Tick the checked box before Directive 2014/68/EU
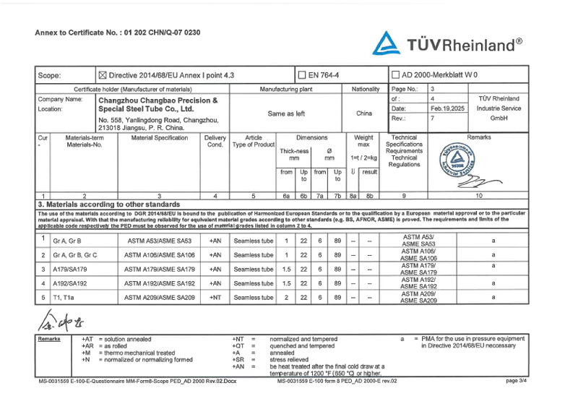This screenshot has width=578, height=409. (x=102, y=74)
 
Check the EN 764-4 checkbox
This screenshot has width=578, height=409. (x=302, y=74)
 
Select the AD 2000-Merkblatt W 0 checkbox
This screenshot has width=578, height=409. (x=395, y=74)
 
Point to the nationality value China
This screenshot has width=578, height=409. (x=364, y=113)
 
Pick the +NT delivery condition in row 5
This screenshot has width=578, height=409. (x=215, y=297)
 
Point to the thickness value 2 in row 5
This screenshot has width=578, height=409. (x=286, y=297)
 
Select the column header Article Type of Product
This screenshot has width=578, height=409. (x=253, y=141)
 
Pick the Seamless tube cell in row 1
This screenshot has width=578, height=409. (x=253, y=241)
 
